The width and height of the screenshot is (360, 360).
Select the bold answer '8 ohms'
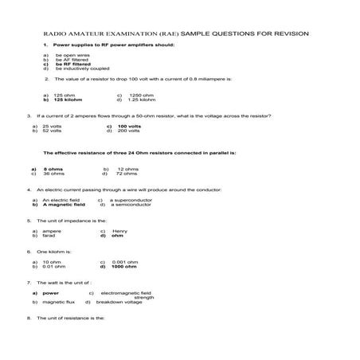[53, 168]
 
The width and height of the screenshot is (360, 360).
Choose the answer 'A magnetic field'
[64, 205]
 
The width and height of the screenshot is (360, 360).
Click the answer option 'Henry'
[120, 231]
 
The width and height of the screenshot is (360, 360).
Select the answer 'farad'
[49, 236]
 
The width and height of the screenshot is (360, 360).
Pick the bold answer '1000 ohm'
[125, 266]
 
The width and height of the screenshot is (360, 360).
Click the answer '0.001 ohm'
[125, 261]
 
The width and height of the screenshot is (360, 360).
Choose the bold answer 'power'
[51, 292]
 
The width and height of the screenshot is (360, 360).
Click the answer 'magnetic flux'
[58, 302]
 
